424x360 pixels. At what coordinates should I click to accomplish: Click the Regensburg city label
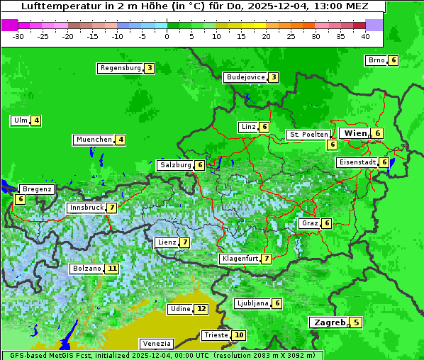coord(120,68)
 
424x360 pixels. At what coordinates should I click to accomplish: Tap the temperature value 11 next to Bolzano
coord(112,269)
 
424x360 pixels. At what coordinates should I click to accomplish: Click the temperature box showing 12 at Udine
coord(202,309)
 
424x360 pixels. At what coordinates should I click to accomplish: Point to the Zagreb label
coord(329,322)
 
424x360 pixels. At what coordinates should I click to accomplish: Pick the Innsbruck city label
coord(85,208)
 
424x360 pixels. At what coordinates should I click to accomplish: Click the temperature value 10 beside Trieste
coord(240,335)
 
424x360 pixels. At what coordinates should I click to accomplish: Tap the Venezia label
coord(156,343)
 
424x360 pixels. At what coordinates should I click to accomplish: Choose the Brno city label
coord(376,60)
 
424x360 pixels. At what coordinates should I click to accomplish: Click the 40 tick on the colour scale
coord(365,35)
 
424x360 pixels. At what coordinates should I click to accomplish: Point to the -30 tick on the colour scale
coord(18,35)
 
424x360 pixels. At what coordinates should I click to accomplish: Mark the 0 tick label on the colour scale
coord(167,35)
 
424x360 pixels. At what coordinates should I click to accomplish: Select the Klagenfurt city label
coord(239,259)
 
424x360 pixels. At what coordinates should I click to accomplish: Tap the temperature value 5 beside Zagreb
coord(356,323)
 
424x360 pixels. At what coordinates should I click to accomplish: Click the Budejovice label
coord(245,77)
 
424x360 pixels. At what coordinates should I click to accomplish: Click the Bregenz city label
coord(37,189)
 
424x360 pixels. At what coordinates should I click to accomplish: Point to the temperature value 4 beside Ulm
coord(36,120)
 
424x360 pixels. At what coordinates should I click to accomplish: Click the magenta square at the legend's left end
coord(9,24)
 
